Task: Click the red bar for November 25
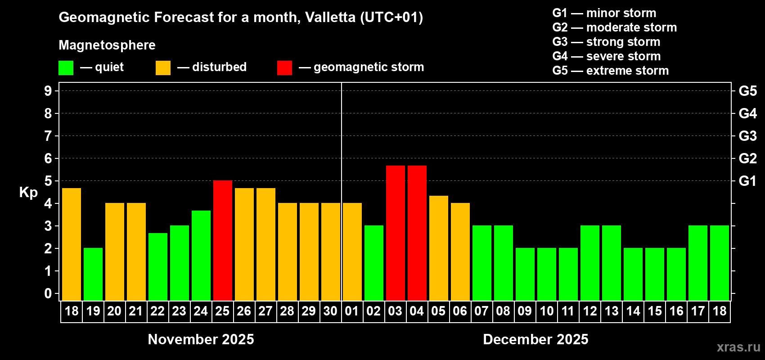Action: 223,240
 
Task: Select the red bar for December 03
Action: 396,233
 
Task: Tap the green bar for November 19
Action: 93,274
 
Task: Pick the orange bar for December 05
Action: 439,248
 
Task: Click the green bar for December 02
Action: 374,263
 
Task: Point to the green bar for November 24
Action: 201,255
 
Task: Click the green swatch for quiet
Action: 66,68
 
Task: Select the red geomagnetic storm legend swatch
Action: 284,68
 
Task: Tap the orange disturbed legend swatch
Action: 163,68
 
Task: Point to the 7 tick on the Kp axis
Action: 48,136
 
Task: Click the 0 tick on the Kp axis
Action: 48,293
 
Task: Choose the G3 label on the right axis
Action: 747,136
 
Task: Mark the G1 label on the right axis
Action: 747,181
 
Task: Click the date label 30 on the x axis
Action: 330,311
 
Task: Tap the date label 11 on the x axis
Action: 568,311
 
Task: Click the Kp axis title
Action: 28,193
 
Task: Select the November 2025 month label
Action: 201,339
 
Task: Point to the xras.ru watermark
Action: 738,347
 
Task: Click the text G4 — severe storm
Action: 607,56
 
